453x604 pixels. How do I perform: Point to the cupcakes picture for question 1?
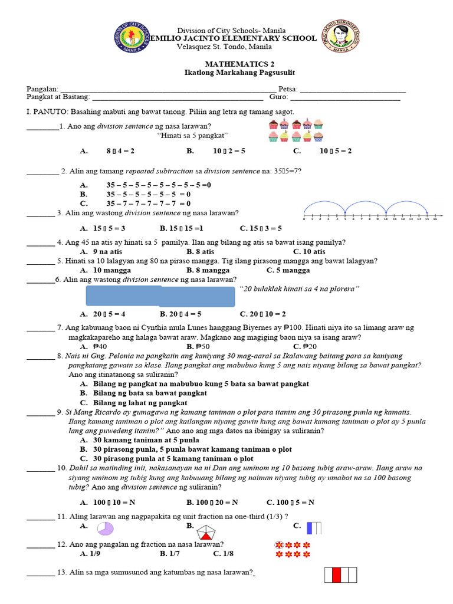[x=296, y=130]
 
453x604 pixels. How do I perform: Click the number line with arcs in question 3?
[x=370, y=211]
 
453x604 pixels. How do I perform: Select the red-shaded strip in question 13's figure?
[x=337, y=576]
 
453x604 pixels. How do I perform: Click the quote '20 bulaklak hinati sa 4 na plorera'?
[x=299, y=288]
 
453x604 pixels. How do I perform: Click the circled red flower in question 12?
[x=279, y=544]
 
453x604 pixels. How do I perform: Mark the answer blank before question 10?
[x=41, y=468]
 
